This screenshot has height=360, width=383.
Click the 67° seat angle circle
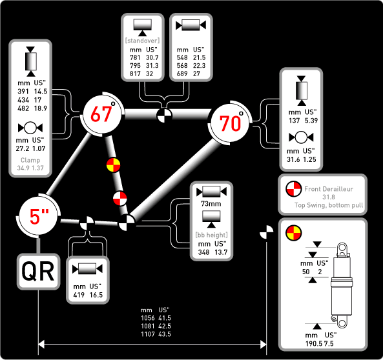coord(102,114)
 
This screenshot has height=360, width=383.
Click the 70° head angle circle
coord(230,123)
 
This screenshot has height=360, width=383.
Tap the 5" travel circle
coord(39,216)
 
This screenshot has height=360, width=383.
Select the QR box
coord(38,272)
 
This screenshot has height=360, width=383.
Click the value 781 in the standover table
coord(135,57)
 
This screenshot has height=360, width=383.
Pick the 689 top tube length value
coord(182,74)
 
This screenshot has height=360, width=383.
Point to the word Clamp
coord(30,160)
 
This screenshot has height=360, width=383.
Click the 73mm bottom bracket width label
coord(211,204)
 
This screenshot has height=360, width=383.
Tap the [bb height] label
coord(211,235)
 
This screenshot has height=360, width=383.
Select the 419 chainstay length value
coord(79,295)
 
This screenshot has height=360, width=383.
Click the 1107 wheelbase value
coord(148,334)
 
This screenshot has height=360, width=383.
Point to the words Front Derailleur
coord(329,189)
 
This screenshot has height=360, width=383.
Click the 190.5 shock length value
coord(314,344)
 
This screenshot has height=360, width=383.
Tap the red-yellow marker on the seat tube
coord(113,165)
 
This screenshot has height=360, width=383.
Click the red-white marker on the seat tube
coord(120,198)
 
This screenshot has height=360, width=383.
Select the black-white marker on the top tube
coord(164,115)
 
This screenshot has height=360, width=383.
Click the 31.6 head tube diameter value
coord(293,159)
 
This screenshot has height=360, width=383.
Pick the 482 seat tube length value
coord(23,108)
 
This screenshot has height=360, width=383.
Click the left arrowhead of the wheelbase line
coord(41,345)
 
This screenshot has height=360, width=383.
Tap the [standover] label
coord(142,41)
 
